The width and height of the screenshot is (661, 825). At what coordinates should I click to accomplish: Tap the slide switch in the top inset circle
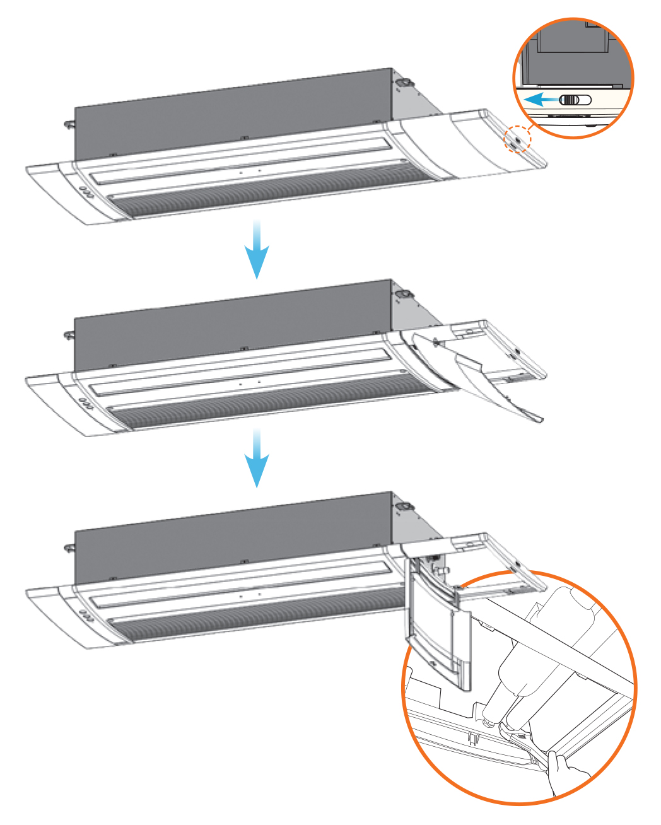(575, 100)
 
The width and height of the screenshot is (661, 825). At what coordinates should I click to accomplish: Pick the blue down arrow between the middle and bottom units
(257, 459)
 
